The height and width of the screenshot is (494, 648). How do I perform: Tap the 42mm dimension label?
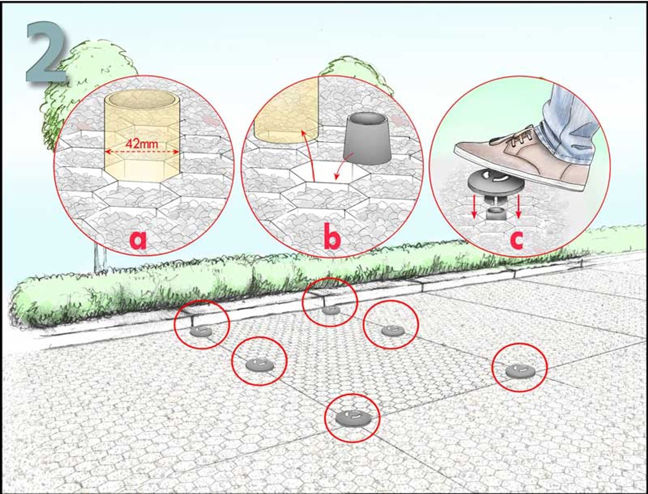tap(142, 144)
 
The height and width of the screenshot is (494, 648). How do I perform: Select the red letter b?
tap(332, 235)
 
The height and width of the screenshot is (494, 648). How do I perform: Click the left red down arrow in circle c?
tap(474, 207)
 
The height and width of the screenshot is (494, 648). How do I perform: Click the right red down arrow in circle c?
tap(519, 207)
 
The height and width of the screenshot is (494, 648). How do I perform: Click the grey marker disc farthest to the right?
tap(520, 370)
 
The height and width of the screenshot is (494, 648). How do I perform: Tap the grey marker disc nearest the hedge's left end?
tap(201, 331)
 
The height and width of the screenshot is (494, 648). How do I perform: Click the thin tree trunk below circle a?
tap(100, 261)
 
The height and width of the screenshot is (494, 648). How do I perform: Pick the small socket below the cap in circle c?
tap(496, 214)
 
